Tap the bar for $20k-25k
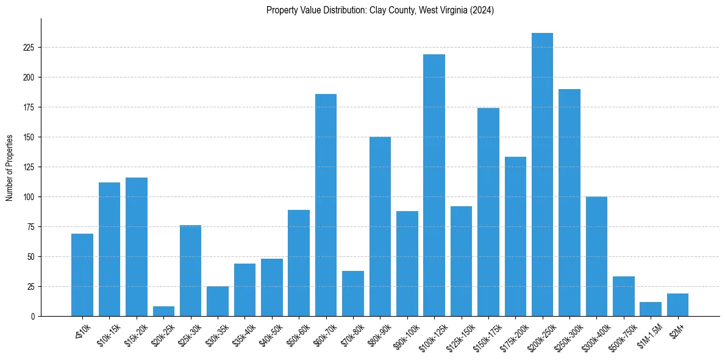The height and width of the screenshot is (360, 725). coord(163,311)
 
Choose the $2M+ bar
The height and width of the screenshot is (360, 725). coord(677,305)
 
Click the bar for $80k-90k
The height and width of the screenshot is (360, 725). coord(380,226)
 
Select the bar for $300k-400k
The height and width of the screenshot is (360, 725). coord(596,256)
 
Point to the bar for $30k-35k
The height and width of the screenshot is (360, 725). coord(218,301)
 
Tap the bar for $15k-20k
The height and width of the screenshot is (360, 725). coord(137,247)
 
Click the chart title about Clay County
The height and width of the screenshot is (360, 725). coord(380,10)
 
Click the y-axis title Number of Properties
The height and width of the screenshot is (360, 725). coord(10,168)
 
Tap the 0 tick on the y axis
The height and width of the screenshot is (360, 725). coord(34,317)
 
